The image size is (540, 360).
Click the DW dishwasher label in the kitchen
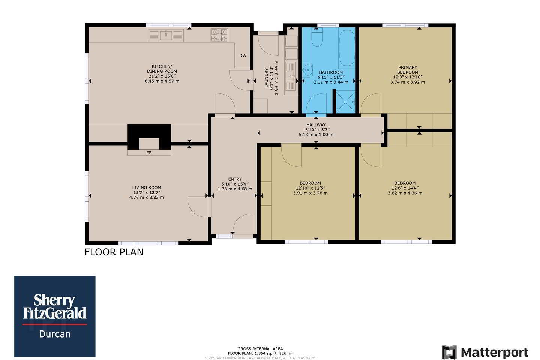243,55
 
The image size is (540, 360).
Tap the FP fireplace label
149,153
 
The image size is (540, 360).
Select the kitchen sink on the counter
166,36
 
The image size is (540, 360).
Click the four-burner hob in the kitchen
219,35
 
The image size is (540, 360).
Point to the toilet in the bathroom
317,37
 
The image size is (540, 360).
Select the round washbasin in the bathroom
307,70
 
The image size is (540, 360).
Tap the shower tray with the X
346,102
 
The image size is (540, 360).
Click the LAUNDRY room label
266,78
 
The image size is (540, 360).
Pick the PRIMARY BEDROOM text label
407,70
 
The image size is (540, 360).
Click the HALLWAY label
316,125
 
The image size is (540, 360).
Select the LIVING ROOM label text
147,187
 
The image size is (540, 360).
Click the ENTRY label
235,179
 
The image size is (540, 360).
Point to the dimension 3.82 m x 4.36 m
405,193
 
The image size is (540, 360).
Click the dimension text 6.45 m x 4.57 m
162,81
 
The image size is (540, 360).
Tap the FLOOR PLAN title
114,252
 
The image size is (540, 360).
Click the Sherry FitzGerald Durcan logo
55,316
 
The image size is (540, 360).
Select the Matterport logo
485,352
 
